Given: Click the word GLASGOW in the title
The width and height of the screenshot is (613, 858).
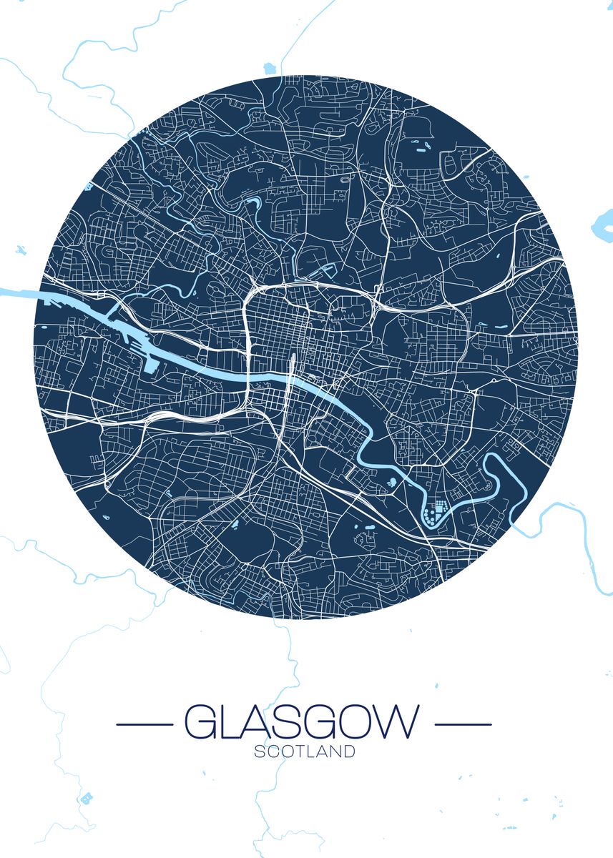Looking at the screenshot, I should [302, 724].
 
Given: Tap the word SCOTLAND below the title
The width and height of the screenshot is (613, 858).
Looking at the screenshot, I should [304, 752].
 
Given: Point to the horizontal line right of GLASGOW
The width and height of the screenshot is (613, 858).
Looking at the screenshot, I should [464, 724].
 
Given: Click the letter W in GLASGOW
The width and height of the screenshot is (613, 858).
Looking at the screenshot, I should [393, 724].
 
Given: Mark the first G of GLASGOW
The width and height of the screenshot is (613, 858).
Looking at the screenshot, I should [201, 724].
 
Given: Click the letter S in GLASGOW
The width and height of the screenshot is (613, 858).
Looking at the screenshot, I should [284, 724].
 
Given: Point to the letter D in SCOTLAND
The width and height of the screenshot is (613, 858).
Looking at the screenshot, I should [349, 752].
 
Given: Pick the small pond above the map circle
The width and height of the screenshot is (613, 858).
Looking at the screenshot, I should [269, 68].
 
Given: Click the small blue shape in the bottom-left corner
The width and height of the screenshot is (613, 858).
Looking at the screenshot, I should [87, 797].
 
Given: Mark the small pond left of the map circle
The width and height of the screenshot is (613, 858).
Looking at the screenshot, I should [20, 250].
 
